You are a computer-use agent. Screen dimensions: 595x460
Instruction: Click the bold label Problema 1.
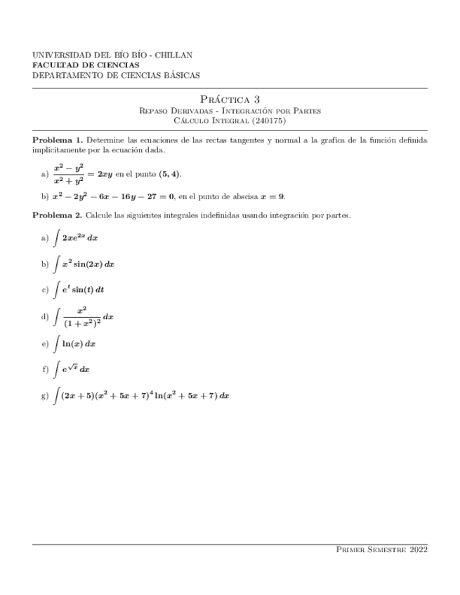[x=58, y=140]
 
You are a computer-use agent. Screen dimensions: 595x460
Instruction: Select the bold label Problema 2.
[x=58, y=215]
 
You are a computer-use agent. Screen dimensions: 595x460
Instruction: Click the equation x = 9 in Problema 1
[x=271, y=196]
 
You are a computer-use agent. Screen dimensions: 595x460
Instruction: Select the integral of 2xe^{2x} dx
[x=75, y=239]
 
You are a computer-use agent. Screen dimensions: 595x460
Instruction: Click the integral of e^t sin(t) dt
[x=78, y=288]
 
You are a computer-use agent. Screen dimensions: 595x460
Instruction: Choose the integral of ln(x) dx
[x=74, y=344]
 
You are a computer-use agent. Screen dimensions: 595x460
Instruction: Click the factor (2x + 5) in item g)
[x=74, y=396]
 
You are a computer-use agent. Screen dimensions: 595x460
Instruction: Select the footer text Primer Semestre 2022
[x=382, y=551]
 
